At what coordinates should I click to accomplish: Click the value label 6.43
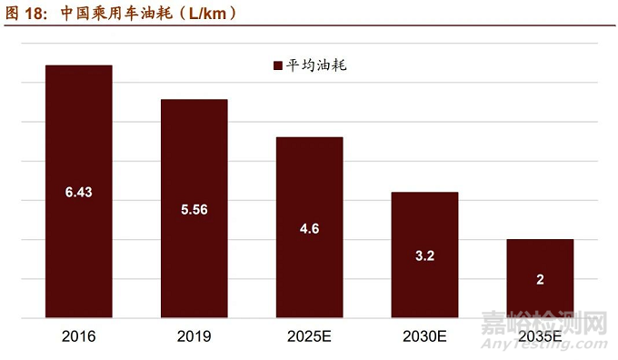click(x=79, y=192)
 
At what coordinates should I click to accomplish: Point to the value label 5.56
click(x=194, y=209)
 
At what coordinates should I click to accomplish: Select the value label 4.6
click(x=309, y=228)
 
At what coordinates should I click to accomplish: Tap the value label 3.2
click(x=424, y=255)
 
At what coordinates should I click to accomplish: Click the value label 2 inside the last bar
click(x=540, y=279)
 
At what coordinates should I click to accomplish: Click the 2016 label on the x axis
click(x=79, y=336)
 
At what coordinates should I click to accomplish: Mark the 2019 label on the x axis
click(x=194, y=336)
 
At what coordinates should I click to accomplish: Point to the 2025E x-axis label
click(x=309, y=336)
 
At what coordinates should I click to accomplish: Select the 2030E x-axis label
click(x=424, y=336)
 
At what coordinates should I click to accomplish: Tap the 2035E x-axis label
click(x=540, y=336)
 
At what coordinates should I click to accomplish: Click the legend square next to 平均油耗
click(x=277, y=65)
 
